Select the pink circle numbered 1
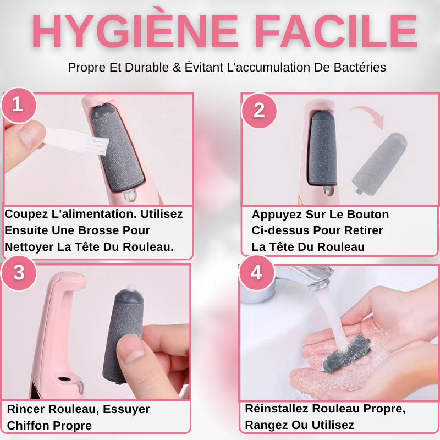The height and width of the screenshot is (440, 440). pos(18,104)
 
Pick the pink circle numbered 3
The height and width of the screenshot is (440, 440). pos(18,273)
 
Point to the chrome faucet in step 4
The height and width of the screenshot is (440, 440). pos(302,278)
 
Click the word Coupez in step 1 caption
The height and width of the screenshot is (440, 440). pos(27,214)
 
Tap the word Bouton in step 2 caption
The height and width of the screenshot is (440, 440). pos(369,214)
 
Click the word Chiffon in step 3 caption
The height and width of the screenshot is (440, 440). pos(27,426)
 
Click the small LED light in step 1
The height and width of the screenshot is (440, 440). pos(130,195)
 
